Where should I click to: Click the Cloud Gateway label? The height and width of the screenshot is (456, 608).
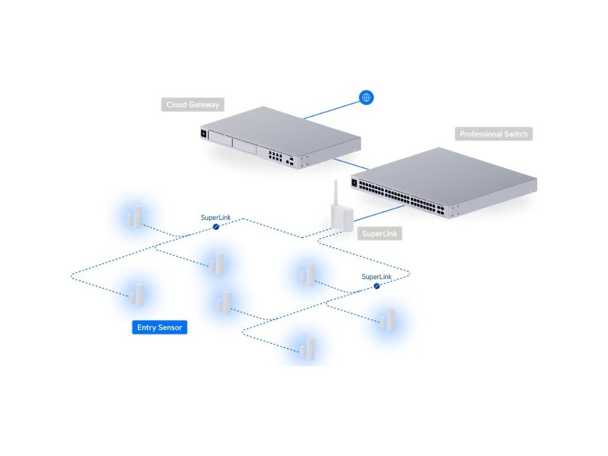(x=192, y=105)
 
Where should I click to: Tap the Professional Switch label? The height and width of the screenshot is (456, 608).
(x=493, y=134)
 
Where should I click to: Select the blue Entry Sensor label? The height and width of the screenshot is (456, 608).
(x=160, y=327)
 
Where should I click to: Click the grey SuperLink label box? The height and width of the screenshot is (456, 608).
(x=380, y=234)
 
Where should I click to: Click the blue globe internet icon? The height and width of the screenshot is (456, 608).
(x=366, y=97)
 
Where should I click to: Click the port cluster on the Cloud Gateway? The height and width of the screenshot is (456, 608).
(x=275, y=156)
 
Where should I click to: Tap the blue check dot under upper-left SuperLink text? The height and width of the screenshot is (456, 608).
(x=216, y=227)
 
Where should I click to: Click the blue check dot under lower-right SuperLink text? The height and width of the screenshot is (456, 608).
(x=376, y=286)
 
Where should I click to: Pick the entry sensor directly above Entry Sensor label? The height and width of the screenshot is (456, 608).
(x=137, y=294)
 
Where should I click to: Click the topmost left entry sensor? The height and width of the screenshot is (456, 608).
(x=135, y=217)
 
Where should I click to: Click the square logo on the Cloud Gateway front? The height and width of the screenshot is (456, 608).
(x=203, y=133)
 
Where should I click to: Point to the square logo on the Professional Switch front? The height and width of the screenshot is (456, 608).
(x=355, y=183)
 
